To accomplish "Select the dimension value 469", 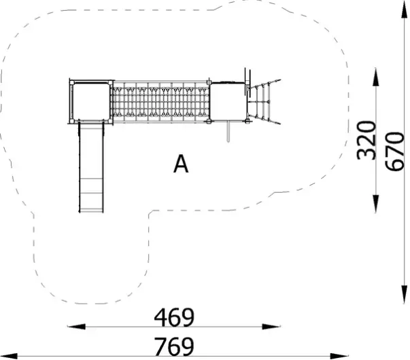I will click(x=174, y=317).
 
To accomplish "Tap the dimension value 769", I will click(x=174, y=345).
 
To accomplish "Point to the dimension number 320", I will click(x=366, y=140).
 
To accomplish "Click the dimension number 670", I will click(x=395, y=151).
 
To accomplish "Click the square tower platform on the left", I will click(x=90, y=102).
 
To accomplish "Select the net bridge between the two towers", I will click(x=160, y=102).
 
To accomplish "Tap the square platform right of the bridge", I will click(x=227, y=102).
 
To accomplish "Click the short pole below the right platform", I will click(x=229, y=132).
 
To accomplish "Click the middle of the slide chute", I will click(x=90, y=166).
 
